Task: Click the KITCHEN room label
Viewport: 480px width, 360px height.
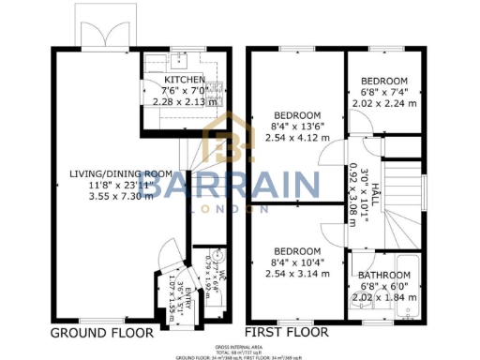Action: click(x=178, y=80)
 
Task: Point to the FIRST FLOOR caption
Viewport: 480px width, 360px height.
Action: click(x=286, y=333)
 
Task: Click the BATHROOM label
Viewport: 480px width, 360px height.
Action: click(x=384, y=276)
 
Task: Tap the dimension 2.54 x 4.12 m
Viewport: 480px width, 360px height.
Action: click(x=296, y=137)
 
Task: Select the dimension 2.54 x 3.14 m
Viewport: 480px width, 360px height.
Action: click(x=296, y=274)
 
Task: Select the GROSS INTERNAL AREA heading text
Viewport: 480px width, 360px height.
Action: click(x=239, y=346)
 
